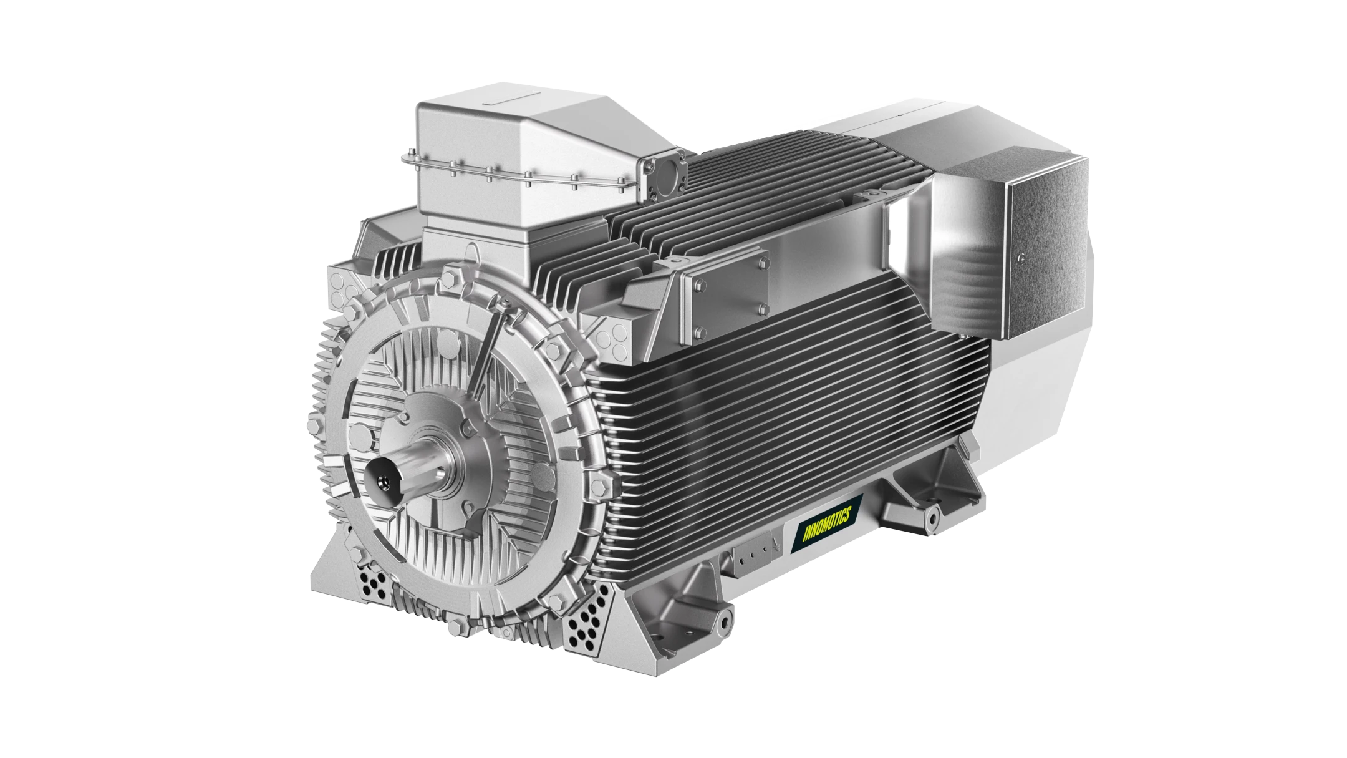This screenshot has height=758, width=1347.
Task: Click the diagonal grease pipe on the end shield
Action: (x=488, y=349)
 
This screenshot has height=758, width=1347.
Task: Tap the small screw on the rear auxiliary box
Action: (x=1020, y=256)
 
